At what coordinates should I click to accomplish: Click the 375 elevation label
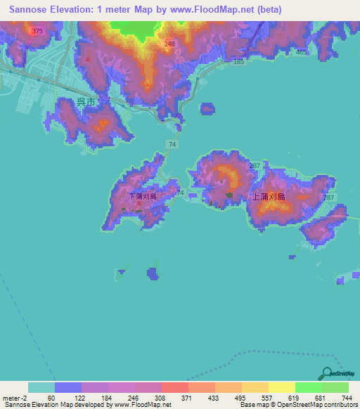(x=37, y=32)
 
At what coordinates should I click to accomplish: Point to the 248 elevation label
(x=169, y=45)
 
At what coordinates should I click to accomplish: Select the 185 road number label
(x=238, y=63)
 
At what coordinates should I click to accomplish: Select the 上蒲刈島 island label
(x=268, y=197)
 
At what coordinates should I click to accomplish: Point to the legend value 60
(x=51, y=398)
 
